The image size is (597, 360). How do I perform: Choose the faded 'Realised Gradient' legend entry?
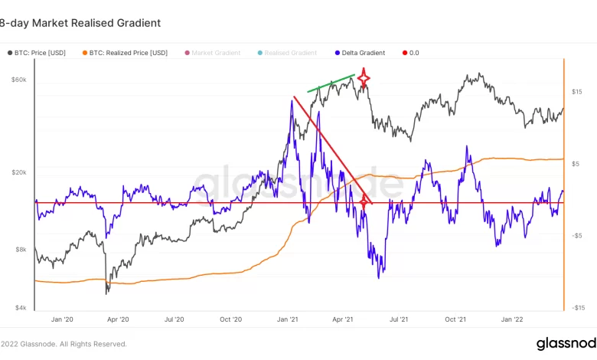pos(290,53)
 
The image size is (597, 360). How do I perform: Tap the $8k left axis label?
pos(19,250)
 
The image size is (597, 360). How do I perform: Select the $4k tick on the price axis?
pos(19,308)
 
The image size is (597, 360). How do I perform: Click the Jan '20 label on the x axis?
pos(62,319)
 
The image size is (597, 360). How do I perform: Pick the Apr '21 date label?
pos(344,319)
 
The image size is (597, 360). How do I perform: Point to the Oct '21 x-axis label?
pos(456,319)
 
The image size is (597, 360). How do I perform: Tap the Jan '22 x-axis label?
pos(512,319)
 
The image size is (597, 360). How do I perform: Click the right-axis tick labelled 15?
pos(578,92)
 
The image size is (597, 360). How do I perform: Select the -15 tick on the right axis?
pos(578,308)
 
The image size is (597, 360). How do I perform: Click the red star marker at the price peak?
pos(364,77)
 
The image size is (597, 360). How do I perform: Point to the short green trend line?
pos(331,83)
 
